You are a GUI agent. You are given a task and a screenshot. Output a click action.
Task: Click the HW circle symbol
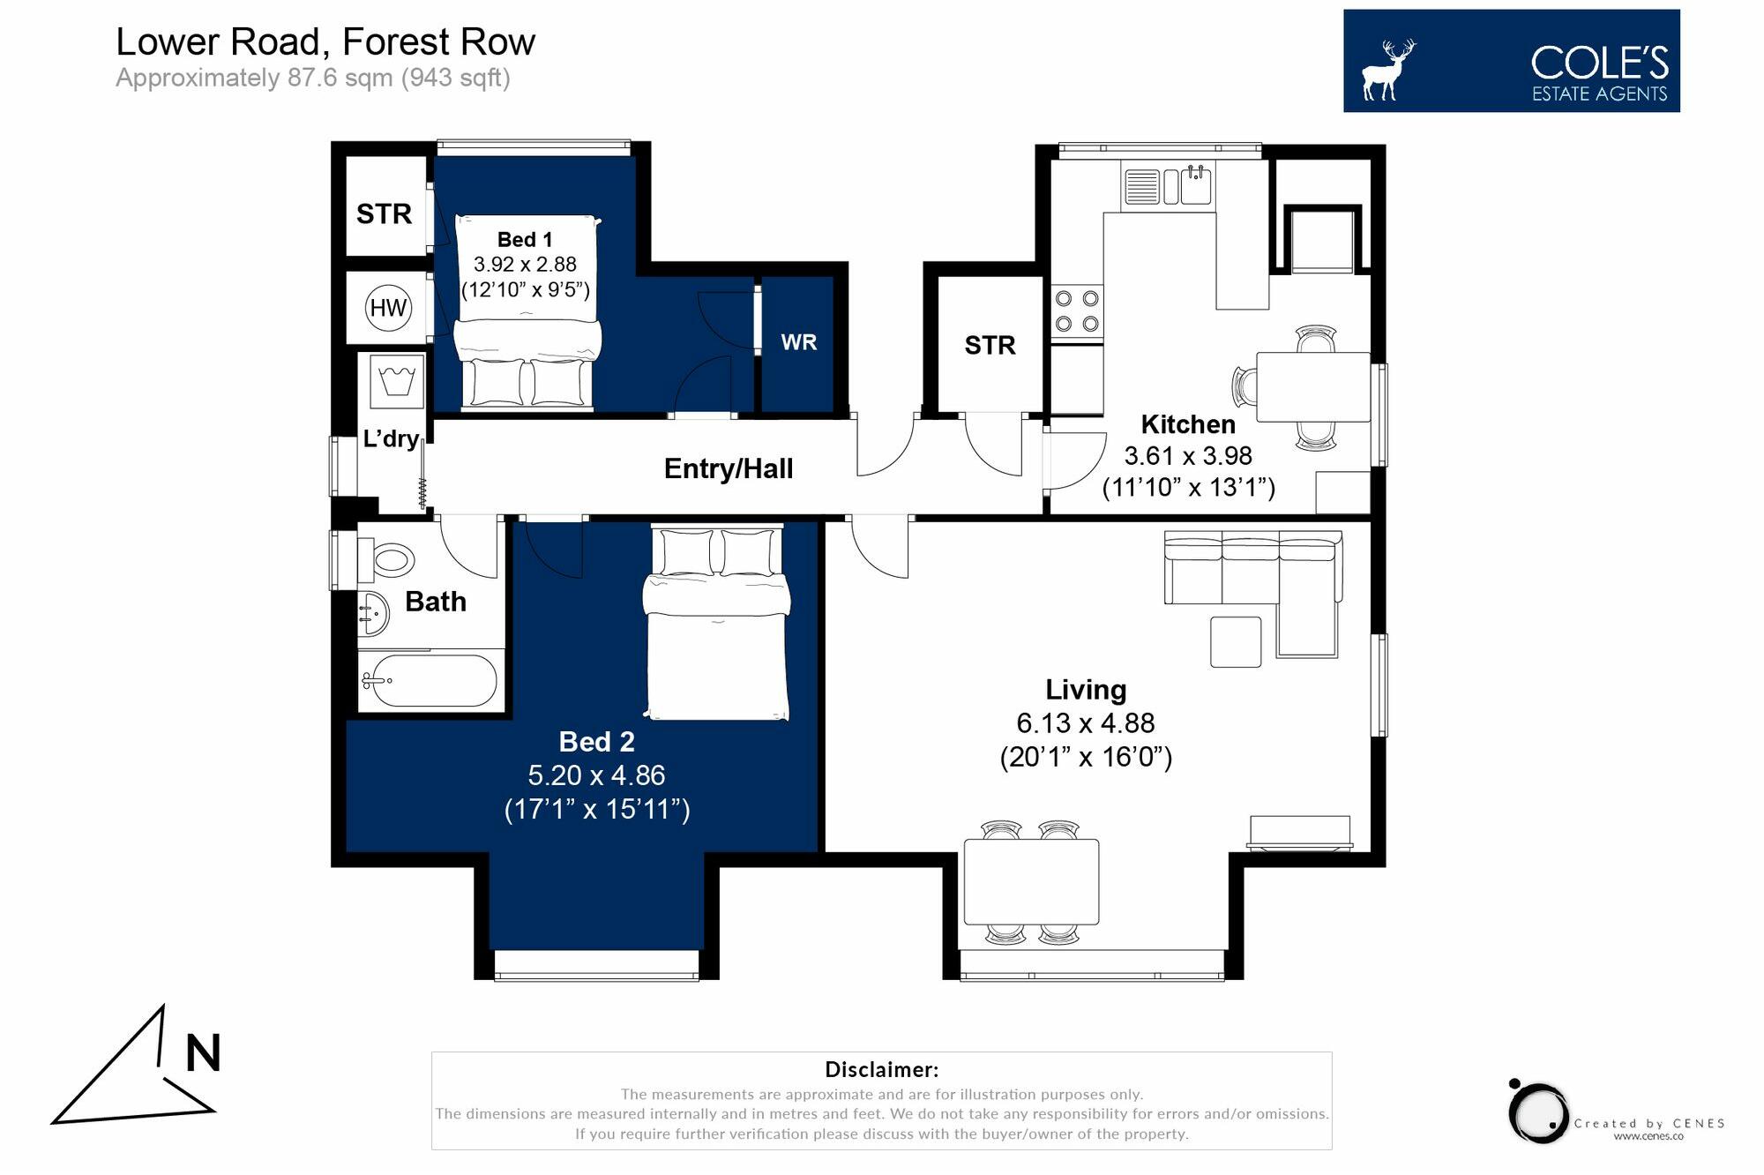[x=388, y=308]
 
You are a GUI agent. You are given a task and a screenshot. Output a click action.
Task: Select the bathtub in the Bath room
[x=430, y=681]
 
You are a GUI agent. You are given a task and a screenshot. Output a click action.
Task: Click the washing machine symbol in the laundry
[x=397, y=381]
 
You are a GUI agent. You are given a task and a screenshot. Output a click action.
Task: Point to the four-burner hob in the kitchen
[x=1077, y=311]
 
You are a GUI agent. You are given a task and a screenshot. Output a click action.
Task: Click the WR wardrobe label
[x=799, y=342]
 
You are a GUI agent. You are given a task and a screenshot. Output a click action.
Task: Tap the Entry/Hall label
[x=729, y=468]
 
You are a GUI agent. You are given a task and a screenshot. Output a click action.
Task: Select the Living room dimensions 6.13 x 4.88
[x=1086, y=723]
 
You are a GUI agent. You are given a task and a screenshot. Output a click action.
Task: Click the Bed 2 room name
[x=597, y=742]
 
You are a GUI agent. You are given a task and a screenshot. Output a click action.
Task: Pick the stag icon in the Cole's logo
[x=1388, y=70]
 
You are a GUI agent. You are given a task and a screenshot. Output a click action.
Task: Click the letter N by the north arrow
[x=203, y=1053]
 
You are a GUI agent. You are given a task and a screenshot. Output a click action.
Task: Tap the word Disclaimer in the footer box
[x=882, y=1070]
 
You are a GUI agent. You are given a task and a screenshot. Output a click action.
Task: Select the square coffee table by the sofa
[x=1236, y=641]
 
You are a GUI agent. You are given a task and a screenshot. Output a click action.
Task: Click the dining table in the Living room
[x=1031, y=882]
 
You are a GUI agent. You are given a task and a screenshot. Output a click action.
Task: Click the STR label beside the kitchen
[x=990, y=345]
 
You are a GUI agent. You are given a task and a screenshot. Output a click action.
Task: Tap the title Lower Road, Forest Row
[x=325, y=41]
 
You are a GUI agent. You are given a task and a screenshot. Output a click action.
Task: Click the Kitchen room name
[x=1188, y=424]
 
